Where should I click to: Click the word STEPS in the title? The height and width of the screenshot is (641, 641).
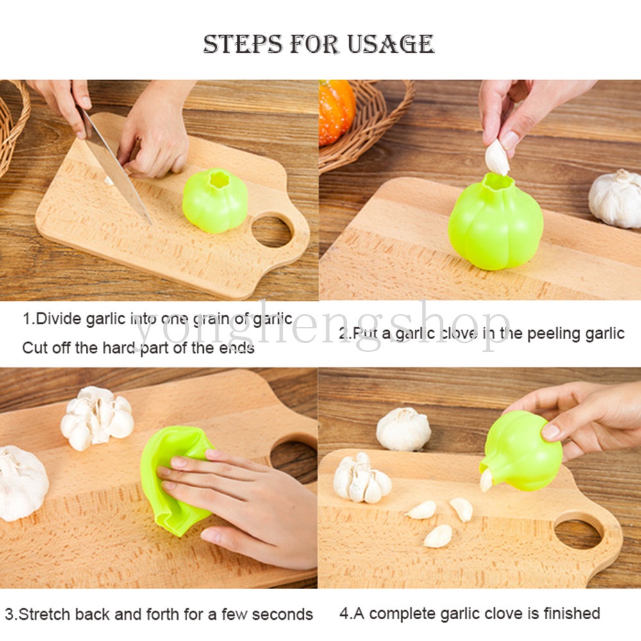click(x=243, y=44)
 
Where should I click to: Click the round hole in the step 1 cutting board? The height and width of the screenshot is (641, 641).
click(x=272, y=231)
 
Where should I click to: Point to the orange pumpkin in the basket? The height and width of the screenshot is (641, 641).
click(x=336, y=112)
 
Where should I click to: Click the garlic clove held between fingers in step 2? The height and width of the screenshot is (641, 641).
click(x=497, y=158)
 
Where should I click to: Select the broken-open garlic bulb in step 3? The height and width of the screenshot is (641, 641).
click(x=97, y=417)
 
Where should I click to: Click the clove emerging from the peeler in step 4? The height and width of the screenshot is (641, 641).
click(x=486, y=480)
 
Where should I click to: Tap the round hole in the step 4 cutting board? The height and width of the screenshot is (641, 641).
click(x=578, y=533)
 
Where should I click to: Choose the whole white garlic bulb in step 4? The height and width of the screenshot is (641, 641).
click(x=403, y=429)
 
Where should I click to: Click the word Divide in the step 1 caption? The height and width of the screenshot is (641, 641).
click(x=59, y=319)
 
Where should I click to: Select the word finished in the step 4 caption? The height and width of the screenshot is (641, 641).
click(x=572, y=613)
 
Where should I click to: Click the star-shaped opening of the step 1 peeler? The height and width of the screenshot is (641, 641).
click(x=219, y=180)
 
